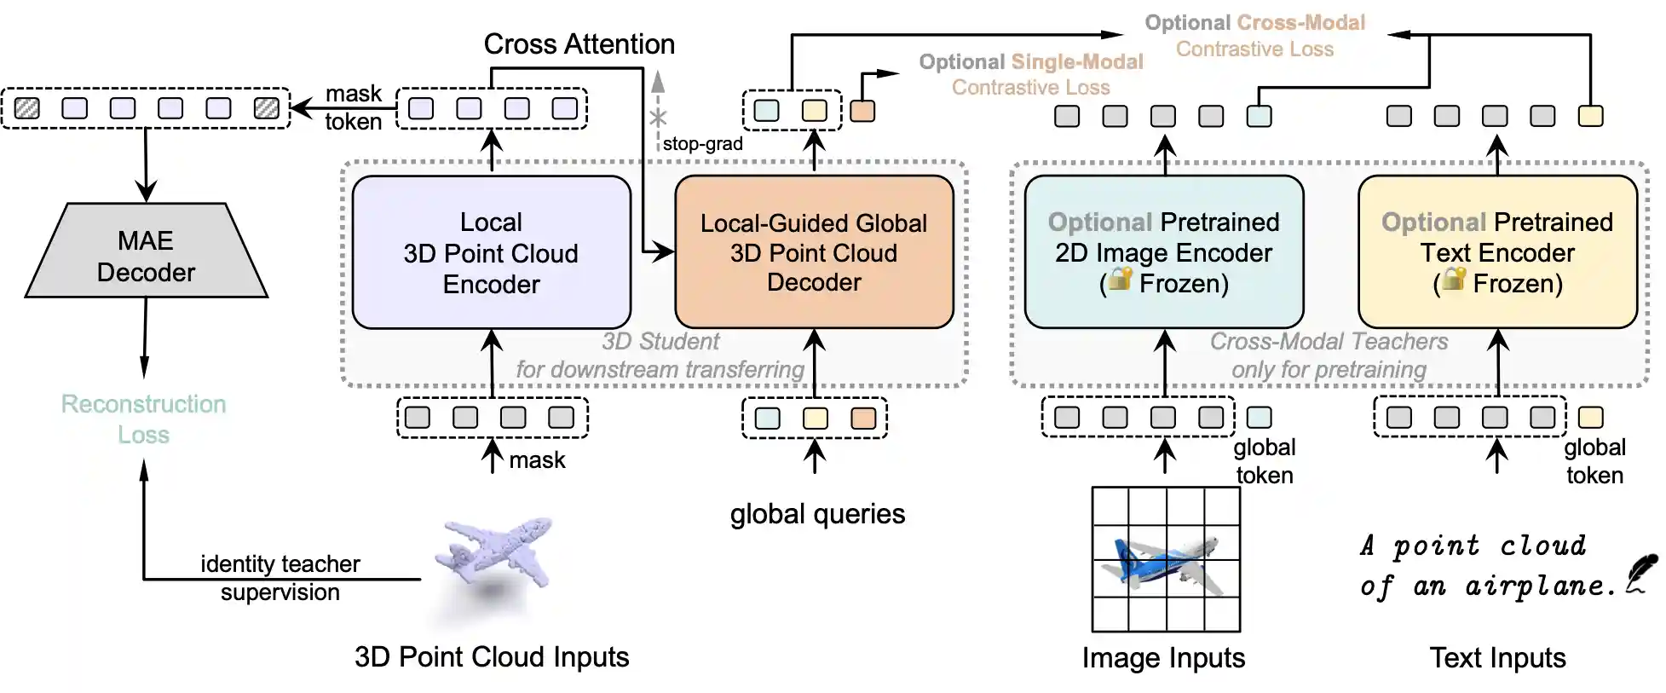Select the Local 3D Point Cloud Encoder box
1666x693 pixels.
pyautogui.click(x=491, y=252)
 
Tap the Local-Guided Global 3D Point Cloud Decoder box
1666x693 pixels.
pyautogui.click(x=814, y=252)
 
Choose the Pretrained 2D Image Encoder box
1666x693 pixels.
pyautogui.click(x=1164, y=252)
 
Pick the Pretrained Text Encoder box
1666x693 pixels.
pyautogui.click(x=1497, y=252)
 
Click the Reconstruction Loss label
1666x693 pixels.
pyautogui.click(x=143, y=419)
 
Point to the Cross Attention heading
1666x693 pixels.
pyautogui.click(x=579, y=44)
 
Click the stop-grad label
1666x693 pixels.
pyautogui.click(x=702, y=144)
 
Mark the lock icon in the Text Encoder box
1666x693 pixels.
pyautogui.click(x=1454, y=279)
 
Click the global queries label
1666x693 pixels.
pyautogui.click(x=817, y=514)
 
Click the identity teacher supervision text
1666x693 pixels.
pyautogui.click(x=280, y=578)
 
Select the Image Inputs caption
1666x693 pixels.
pyautogui.click(x=1163, y=658)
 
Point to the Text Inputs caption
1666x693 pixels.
pyautogui.click(x=1497, y=658)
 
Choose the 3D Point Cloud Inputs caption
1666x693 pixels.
pyautogui.click(x=492, y=657)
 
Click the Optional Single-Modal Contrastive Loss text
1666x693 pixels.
pyautogui.click(x=1030, y=74)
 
